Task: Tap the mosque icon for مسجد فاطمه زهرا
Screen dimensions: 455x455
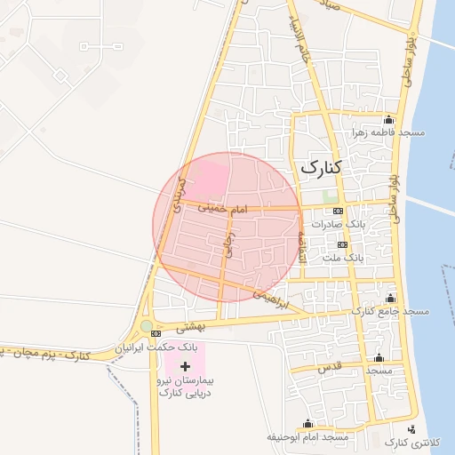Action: tap(388, 120)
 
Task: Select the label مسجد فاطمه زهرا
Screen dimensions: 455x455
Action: tap(387, 132)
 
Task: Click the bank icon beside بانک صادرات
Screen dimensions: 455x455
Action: tap(337, 212)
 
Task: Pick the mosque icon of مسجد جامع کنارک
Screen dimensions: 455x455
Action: tap(390, 298)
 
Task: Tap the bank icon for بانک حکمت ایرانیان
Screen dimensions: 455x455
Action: tap(156, 333)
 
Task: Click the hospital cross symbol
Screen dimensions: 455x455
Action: tap(185, 366)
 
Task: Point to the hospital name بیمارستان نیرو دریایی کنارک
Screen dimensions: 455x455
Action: tap(188, 386)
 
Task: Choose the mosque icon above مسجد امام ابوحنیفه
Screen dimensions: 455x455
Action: tap(308, 424)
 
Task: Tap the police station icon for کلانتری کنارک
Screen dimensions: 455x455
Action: tap(423, 428)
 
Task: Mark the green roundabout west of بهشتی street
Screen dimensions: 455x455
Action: tap(147, 326)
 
